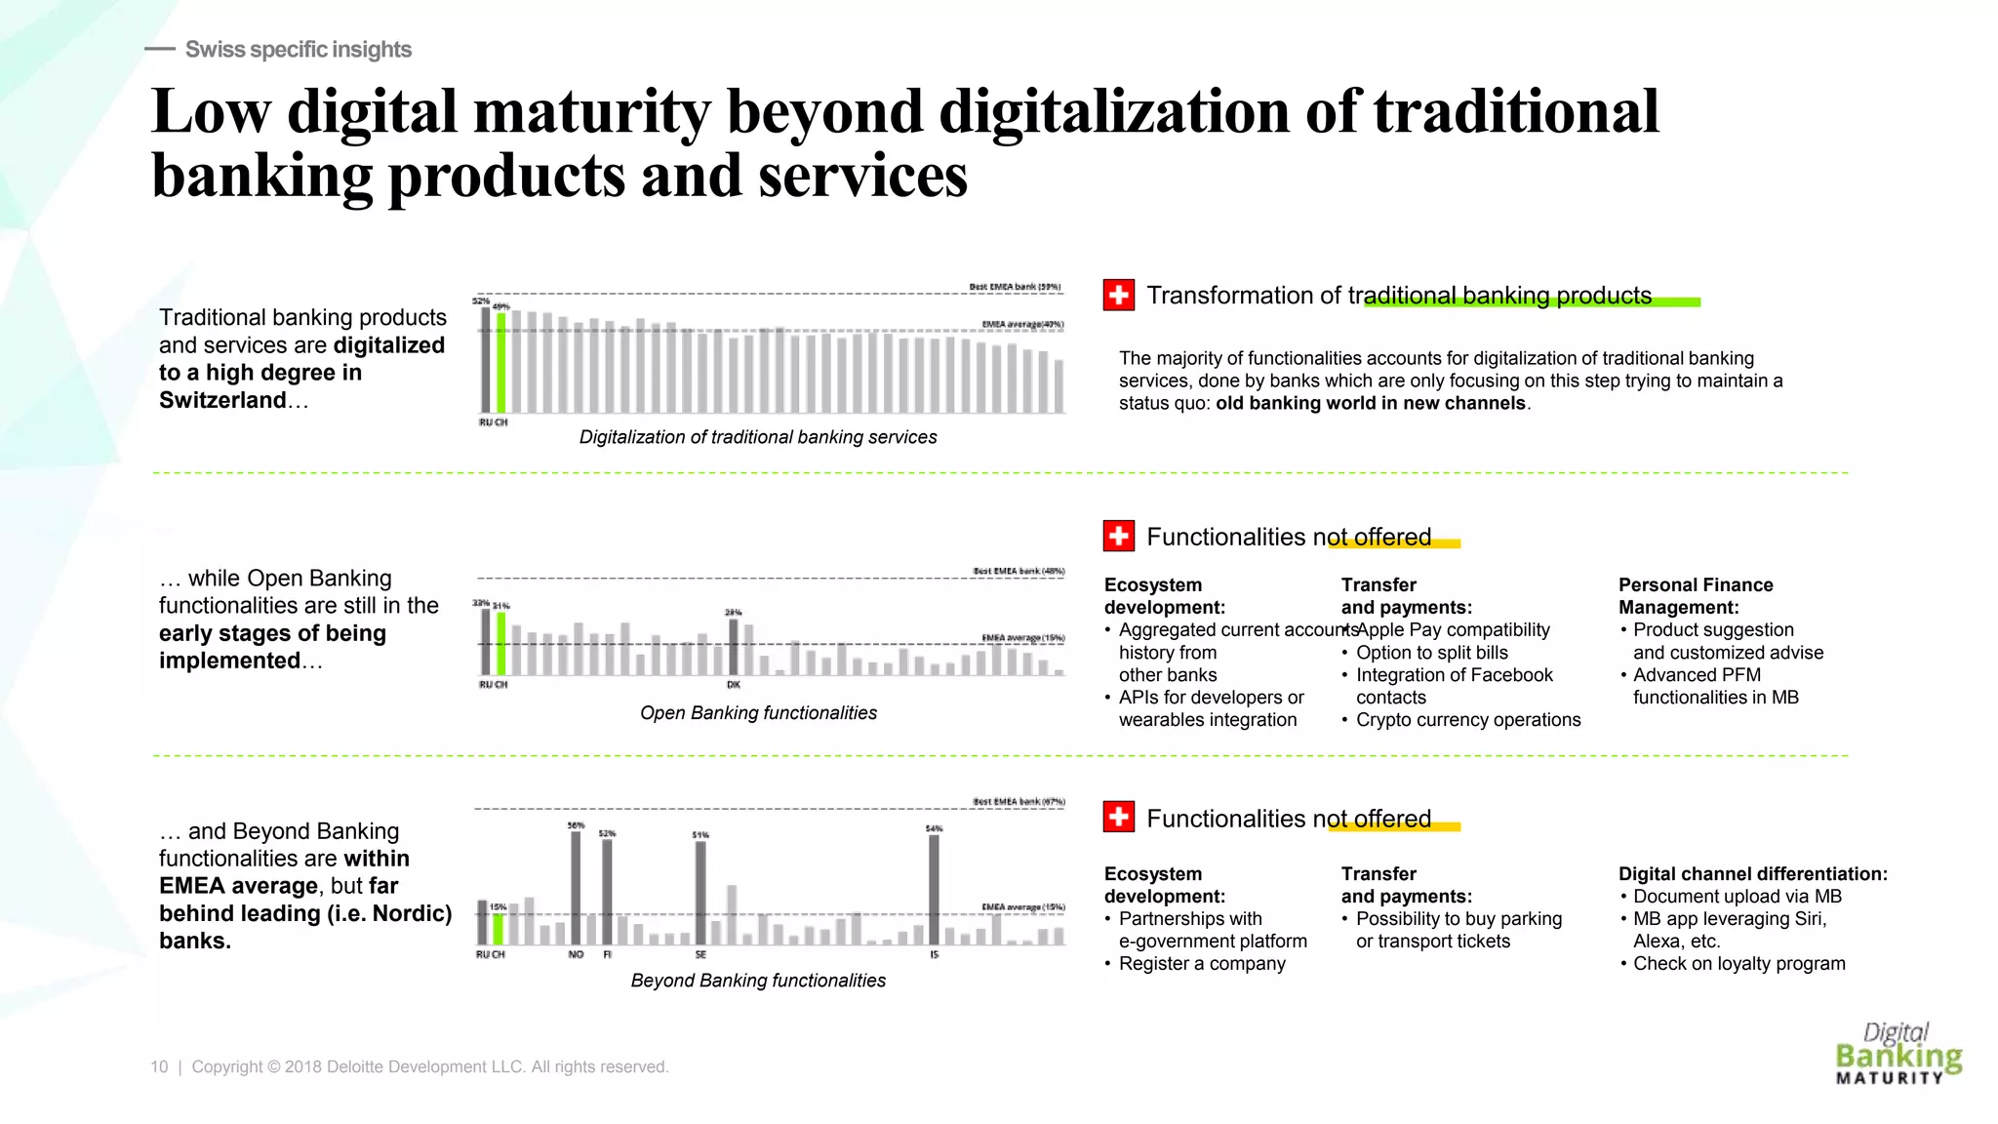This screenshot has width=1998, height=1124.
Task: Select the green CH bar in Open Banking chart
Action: (x=501, y=644)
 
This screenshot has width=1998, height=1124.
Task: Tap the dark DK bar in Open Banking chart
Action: (x=734, y=647)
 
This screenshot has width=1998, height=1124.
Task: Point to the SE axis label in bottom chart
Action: (x=700, y=954)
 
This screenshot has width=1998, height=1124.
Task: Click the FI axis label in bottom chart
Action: (x=607, y=954)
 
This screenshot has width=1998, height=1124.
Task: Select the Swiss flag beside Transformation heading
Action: (x=1119, y=295)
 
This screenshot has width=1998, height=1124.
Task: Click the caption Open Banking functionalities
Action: (x=758, y=713)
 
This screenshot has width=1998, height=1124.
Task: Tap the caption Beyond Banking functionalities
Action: (x=758, y=981)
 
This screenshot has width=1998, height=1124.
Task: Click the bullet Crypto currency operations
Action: (x=1467, y=720)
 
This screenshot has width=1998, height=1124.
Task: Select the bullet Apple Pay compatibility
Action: (x=1453, y=630)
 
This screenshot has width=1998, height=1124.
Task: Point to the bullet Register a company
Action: (x=1202, y=964)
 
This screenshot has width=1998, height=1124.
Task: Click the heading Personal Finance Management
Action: (x=1696, y=596)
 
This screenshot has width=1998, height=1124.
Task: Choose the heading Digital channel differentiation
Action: (x=1752, y=874)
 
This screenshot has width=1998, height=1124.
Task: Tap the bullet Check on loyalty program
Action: (x=1738, y=964)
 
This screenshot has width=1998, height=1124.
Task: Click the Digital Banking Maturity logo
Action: (x=1897, y=1054)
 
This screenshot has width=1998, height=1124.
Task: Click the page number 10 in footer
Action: (x=159, y=1067)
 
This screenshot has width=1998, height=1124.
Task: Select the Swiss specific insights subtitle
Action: (x=298, y=50)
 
